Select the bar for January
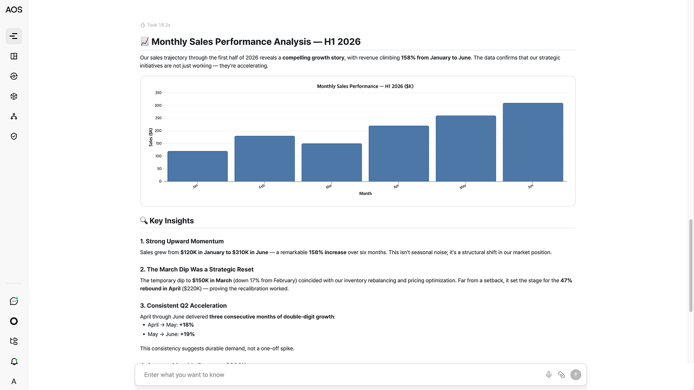(x=198, y=166)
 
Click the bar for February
(x=265, y=159)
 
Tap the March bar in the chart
(x=331, y=162)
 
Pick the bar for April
(x=399, y=153)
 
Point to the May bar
(x=466, y=148)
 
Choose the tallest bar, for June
(x=533, y=142)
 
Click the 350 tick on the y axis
(x=158, y=93)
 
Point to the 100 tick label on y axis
(x=158, y=156)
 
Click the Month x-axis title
(x=365, y=193)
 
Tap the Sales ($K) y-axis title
(x=151, y=137)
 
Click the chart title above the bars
(x=365, y=86)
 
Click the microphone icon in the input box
(x=549, y=374)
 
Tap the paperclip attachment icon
(x=561, y=375)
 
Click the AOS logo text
(x=14, y=10)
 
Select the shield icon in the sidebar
(x=14, y=136)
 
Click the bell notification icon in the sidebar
(x=14, y=361)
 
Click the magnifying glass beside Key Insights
(x=144, y=220)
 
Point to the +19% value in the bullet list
(x=188, y=334)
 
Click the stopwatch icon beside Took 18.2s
(x=143, y=25)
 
